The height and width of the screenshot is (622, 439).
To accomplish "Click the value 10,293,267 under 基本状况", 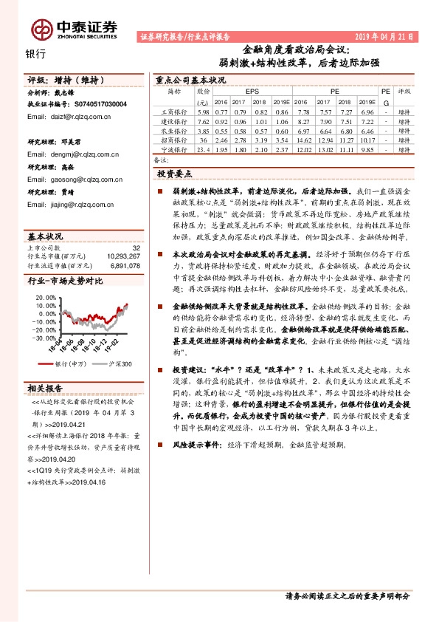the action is click(x=122, y=256).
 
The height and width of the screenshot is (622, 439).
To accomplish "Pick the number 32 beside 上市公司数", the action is click(x=136, y=247).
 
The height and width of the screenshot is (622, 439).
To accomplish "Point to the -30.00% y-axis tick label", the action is click(x=43, y=337).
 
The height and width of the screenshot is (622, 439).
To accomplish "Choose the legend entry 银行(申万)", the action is click(x=71, y=364).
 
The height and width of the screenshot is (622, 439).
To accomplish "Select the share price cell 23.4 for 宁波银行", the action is click(x=204, y=148).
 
